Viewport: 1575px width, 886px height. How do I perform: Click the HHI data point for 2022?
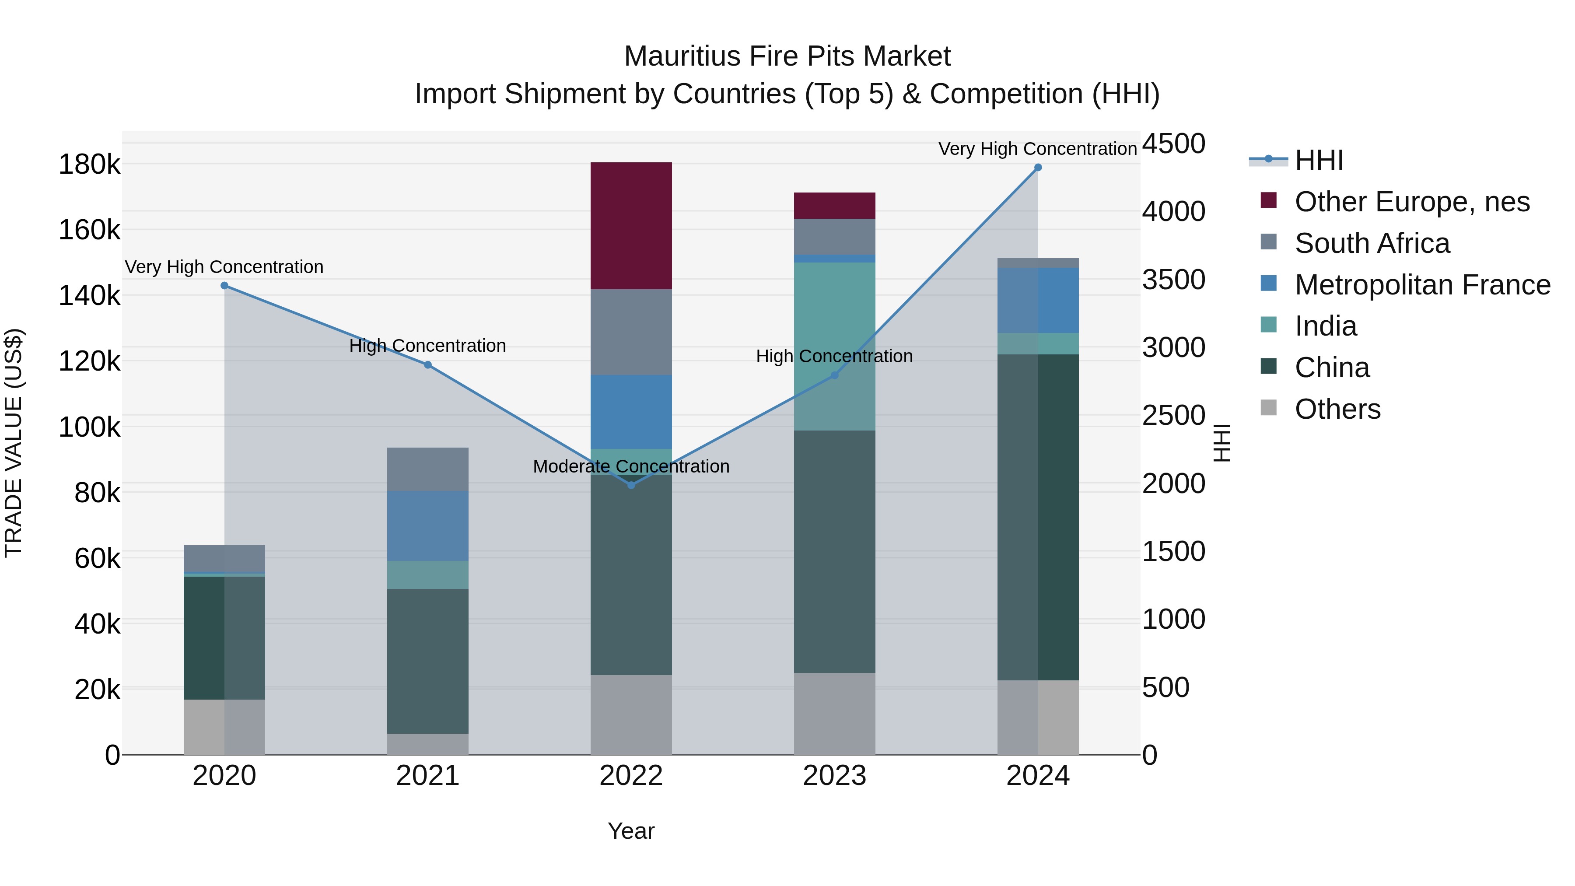tap(631, 485)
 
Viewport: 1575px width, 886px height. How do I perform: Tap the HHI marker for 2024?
tap(1038, 168)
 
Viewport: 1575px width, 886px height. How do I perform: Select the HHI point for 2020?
tap(224, 286)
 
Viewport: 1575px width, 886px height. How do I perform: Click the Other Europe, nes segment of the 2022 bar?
tap(631, 226)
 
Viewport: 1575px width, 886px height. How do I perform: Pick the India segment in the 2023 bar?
tap(835, 346)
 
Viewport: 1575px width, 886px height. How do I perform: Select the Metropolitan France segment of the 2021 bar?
tap(427, 526)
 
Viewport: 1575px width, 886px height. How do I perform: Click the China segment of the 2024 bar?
tap(1038, 517)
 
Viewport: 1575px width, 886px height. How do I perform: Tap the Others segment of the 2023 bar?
tap(835, 714)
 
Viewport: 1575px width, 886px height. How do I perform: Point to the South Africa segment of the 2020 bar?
tap(224, 558)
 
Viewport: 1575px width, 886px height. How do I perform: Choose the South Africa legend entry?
tap(1372, 243)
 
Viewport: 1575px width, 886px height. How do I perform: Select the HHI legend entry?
tap(1319, 160)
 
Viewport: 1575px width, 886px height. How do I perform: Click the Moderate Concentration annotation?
tap(631, 466)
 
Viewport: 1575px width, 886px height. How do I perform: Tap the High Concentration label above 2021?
tap(427, 346)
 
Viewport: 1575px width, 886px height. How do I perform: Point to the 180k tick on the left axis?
tap(89, 165)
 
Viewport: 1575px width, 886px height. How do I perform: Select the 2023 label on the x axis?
tap(835, 776)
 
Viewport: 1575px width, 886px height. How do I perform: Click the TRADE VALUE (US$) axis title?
tap(14, 443)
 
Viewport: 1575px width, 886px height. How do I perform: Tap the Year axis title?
tap(631, 831)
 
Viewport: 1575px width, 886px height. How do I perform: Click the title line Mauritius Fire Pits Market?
tap(787, 56)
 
